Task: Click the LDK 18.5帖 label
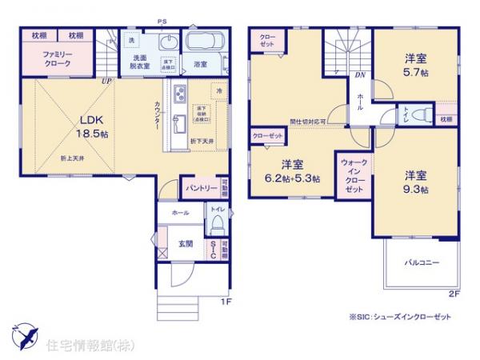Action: tap(93, 128)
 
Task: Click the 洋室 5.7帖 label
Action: tap(414, 64)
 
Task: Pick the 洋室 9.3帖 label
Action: tap(414, 182)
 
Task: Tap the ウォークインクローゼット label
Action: tap(354, 177)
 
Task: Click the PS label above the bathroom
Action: tap(162, 22)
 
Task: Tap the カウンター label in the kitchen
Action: tap(158, 117)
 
